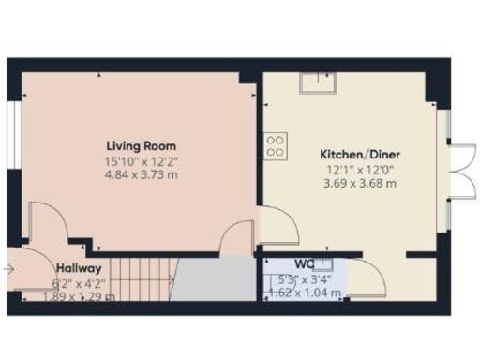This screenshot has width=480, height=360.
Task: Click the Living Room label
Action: tap(141, 146)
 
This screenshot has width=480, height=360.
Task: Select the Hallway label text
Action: tap(78, 267)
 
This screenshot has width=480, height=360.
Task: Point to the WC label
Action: tap(305, 265)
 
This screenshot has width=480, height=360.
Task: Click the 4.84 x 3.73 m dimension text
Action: tap(141, 174)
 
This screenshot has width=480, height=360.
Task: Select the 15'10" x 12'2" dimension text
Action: tap(141, 160)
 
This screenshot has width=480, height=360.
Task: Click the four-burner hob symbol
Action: tap(277, 144)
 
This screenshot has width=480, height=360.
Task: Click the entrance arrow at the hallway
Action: tap(9, 270)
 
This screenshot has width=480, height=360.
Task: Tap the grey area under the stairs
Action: tap(216, 279)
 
